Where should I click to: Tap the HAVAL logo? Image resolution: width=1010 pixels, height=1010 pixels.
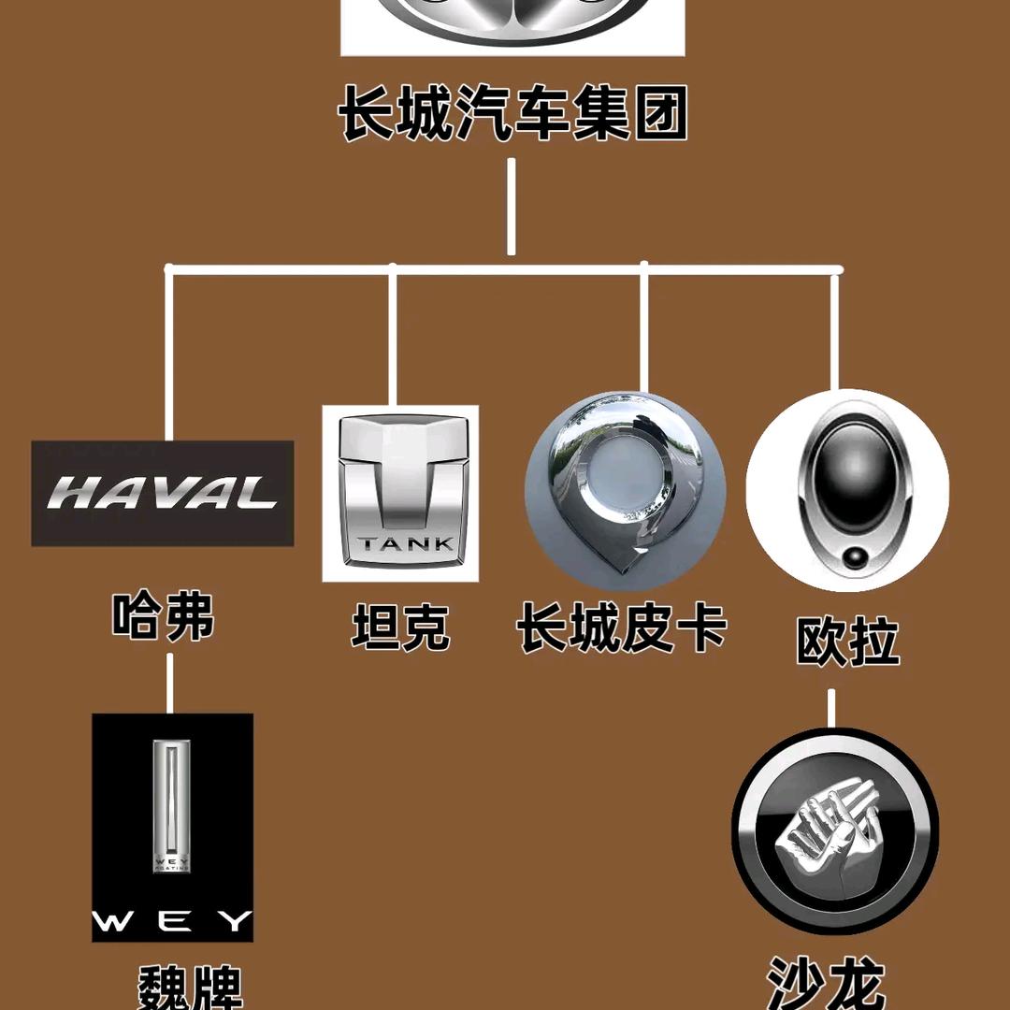163,493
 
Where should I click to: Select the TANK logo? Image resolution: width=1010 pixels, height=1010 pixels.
400,493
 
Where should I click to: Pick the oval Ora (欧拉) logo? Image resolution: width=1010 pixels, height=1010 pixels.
847,489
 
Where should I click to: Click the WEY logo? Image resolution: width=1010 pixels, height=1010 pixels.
172,827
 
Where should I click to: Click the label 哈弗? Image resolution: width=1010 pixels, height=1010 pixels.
164,617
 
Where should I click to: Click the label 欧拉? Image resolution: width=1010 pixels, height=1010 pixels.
847,641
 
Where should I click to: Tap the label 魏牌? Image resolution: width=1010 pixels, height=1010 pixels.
191,988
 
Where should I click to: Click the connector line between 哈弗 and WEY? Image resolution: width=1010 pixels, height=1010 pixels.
169,683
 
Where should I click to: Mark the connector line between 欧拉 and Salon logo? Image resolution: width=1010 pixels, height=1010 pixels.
830,708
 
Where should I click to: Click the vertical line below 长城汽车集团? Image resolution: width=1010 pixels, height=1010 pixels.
511,206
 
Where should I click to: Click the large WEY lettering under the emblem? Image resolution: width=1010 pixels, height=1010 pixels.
172,921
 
